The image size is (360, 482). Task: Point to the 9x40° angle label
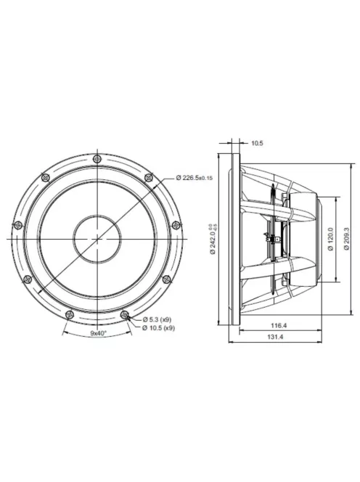(98, 332)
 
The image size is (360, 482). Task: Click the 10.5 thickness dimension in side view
(256, 143)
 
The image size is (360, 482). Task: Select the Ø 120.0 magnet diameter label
(330, 237)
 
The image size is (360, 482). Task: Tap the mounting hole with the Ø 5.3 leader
(127, 314)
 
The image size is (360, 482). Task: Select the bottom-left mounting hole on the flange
(69, 314)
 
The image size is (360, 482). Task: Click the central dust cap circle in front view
(98, 237)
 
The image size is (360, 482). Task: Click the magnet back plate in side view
(318, 237)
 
